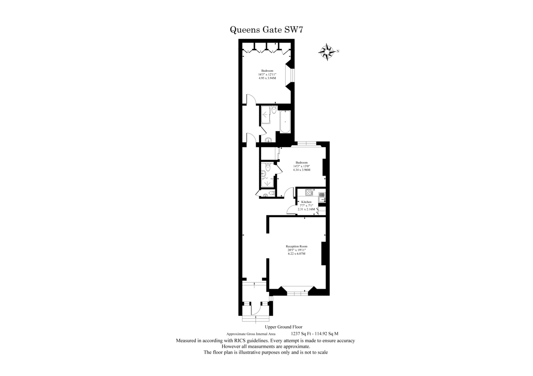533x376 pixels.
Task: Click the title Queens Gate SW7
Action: click(x=266, y=30)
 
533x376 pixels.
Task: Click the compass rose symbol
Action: click(x=327, y=52)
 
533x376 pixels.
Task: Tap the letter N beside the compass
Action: click(x=338, y=51)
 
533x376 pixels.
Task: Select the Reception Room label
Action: click(x=297, y=247)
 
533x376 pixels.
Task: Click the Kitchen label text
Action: click(x=306, y=202)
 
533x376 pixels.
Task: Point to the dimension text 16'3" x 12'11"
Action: click(x=267, y=74)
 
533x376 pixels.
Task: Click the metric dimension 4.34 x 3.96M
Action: click(x=302, y=170)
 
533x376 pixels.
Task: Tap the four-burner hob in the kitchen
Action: click(x=309, y=192)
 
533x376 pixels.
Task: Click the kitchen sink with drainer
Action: click(x=322, y=197)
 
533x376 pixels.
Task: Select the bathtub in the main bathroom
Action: click(x=285, y=122)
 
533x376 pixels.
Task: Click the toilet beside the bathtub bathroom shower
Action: click(x=274, y=110)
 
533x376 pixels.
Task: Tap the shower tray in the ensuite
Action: click(x=267, y=182)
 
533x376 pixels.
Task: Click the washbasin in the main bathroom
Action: click(x=268, y=140)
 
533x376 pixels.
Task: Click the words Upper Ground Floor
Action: click(x=284, y=327)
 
